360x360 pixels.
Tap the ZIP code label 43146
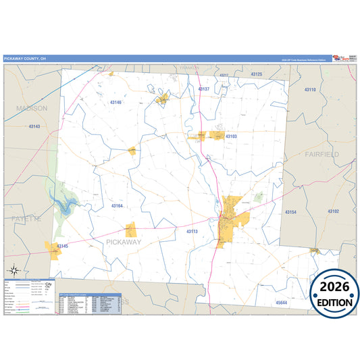116,103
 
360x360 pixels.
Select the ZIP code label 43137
203,89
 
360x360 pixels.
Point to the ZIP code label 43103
231,136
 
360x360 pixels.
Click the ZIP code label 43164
117,206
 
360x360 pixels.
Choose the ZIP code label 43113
192,232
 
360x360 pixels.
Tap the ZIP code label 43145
62,246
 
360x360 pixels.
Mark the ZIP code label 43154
290,213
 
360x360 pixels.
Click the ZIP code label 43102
332,211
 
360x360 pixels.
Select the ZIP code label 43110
309,90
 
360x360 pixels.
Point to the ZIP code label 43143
34,126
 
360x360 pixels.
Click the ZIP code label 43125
256,74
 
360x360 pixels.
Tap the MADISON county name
31,108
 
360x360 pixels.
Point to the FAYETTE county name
26,220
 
